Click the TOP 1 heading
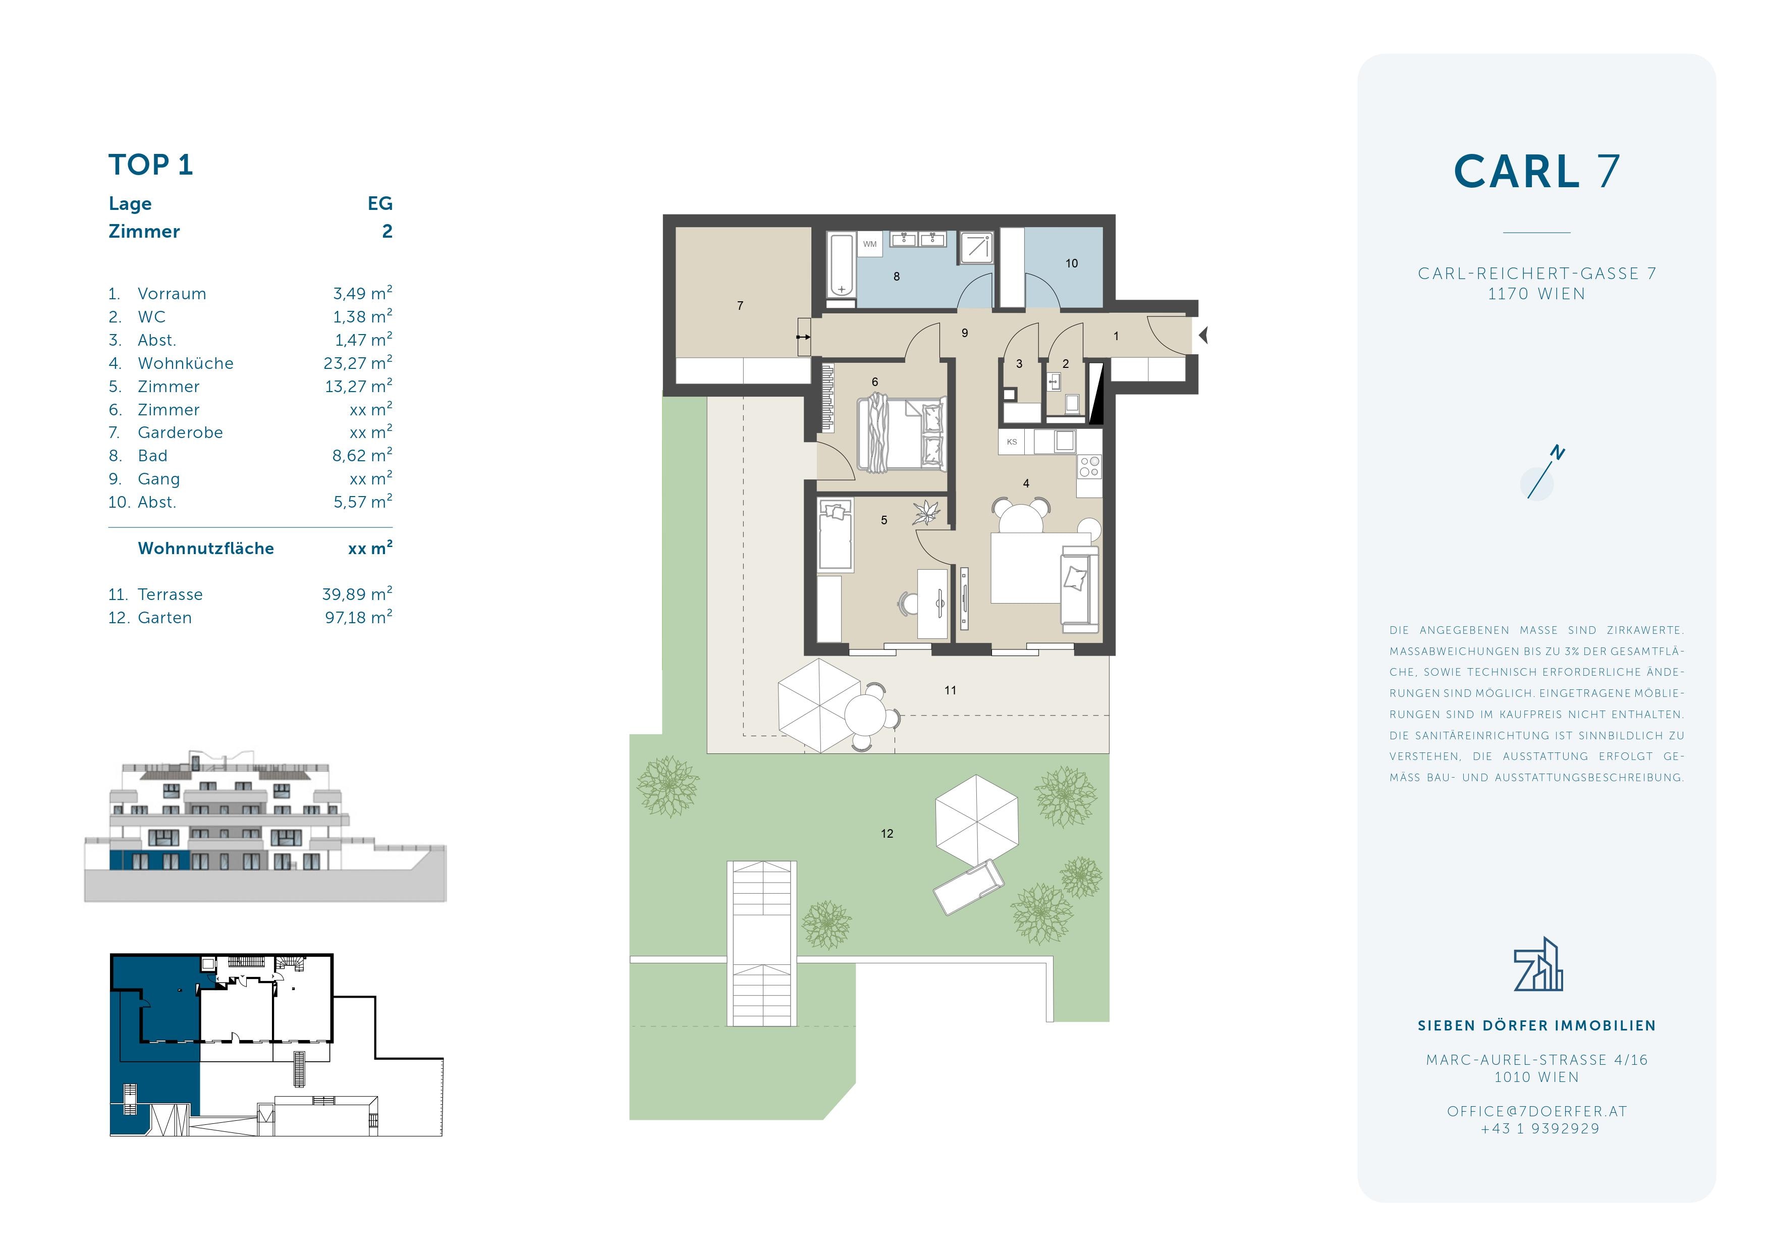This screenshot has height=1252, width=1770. coord(150,165)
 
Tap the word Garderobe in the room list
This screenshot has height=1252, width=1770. coord(181,432)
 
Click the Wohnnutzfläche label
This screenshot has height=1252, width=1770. coord(206,548)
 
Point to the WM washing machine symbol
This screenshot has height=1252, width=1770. coord(869,244)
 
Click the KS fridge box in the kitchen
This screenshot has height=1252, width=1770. coord(1012,442)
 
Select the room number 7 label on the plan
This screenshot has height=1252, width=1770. coord(740,306)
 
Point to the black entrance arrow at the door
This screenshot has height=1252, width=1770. coord(1203,336)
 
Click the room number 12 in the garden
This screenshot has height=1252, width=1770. coord(888,833)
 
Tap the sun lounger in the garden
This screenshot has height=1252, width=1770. coord(969,887)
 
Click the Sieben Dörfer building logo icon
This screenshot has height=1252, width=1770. coord(1538,964)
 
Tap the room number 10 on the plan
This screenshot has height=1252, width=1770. coord(1072,263)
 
